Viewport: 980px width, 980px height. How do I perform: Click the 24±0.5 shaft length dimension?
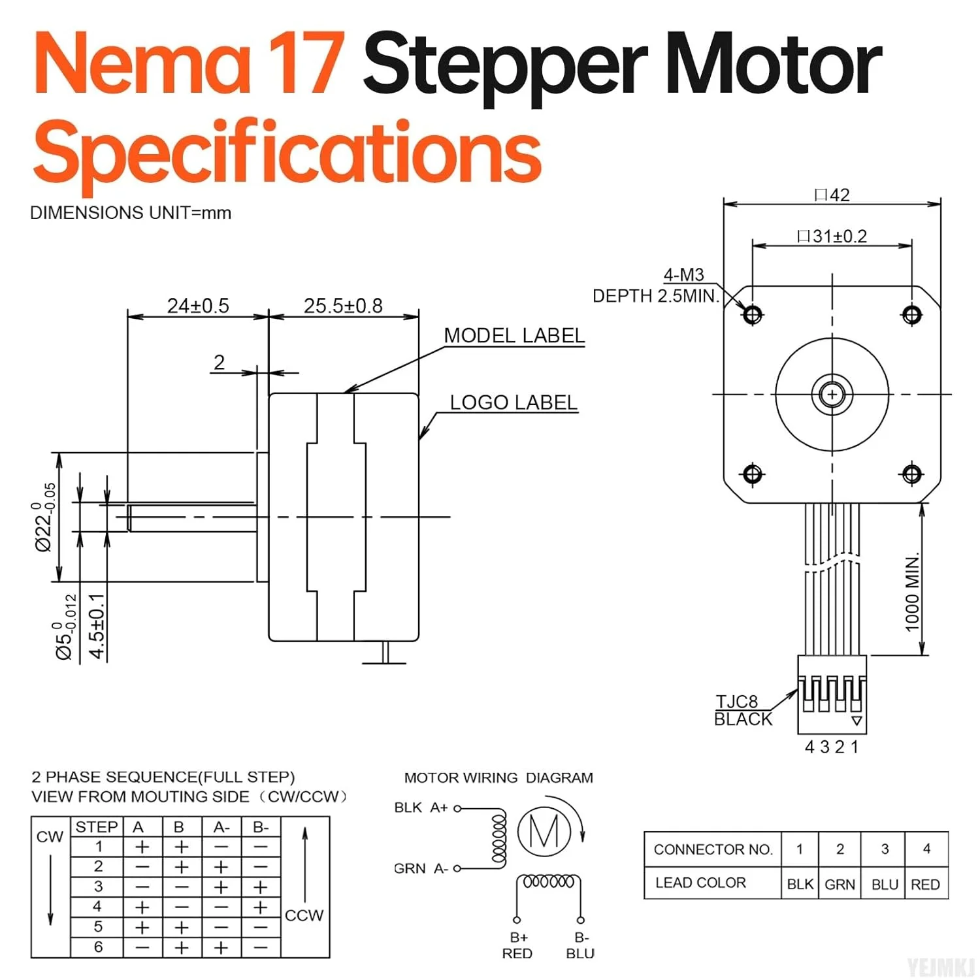point(198,306)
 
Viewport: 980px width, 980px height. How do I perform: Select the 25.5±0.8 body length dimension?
point(343,306)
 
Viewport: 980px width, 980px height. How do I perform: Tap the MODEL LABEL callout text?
point(514,336)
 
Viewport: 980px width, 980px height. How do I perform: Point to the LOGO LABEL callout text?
point(514,402)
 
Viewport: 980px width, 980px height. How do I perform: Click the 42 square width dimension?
point(832,195)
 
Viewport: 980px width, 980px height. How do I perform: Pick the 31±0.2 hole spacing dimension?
point(832,236)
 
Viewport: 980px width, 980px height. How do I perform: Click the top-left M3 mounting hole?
point(753,315)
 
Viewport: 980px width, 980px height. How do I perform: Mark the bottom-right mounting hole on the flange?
point(912,473)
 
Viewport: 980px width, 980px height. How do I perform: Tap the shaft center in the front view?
point(832,395)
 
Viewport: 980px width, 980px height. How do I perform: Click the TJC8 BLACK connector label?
point(743,710)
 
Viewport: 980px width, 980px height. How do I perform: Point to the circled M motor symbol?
point(544,831)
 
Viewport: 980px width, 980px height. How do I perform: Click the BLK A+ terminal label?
point(421,808)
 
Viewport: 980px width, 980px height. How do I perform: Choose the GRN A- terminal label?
point(421,868)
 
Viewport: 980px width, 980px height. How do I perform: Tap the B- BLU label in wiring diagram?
point(580,945)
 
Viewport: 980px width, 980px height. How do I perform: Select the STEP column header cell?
point(97,827)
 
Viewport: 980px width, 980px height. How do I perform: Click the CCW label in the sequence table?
point(304,915)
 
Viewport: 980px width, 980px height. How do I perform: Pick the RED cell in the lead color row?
point(925,884)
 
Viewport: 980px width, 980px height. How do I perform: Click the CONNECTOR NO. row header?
point(713,849)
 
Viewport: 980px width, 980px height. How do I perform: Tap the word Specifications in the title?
point(287,152)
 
